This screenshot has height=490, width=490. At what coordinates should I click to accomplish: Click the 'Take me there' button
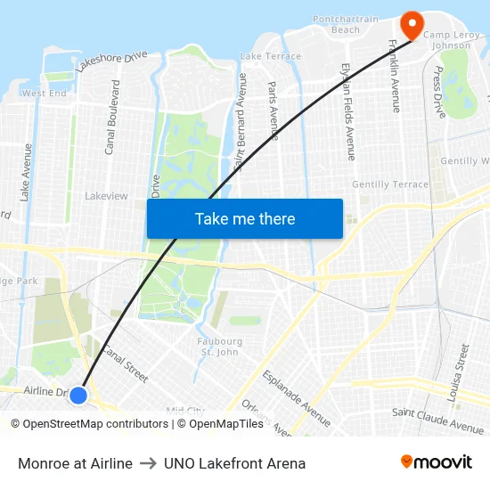(245, 218)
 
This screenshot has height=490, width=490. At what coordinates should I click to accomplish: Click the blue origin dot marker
(78, 395)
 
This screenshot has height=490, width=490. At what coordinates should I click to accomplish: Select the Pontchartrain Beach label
(335, 23)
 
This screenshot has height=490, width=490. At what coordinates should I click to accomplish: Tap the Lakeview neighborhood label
(106, 195)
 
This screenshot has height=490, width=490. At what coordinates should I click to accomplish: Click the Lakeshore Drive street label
(111, 61)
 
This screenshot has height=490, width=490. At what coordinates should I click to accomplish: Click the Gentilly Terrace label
(389, 184)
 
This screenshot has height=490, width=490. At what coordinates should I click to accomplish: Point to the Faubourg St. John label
(219, 346)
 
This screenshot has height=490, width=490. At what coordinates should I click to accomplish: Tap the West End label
(44, 93)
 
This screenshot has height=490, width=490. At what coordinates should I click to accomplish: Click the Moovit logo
(436, 461)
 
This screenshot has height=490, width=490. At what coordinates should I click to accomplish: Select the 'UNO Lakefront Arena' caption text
(234, 463)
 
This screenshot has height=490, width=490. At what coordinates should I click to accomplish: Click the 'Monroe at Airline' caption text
(75, 463)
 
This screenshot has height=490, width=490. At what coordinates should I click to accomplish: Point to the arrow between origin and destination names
(148, 463)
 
